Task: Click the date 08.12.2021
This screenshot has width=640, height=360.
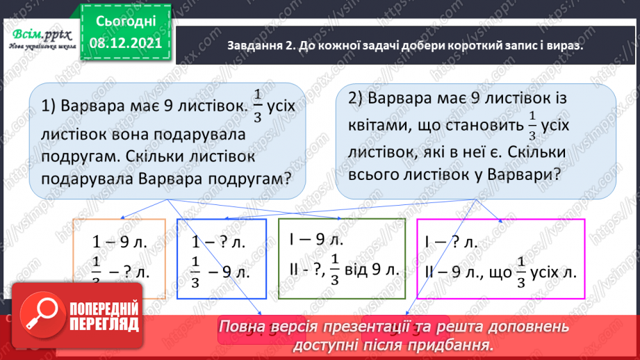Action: pos(124,44)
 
